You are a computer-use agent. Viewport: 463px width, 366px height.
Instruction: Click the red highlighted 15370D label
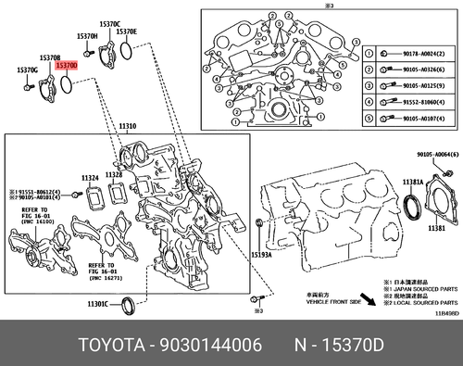[66, 67]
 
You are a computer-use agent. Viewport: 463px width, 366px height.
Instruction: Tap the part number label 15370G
[27, 70]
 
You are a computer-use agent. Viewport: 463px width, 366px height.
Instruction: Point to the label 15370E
[125, 32]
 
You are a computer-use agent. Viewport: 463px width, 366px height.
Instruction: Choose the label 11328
[114, 173]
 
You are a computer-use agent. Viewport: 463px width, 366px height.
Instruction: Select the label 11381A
[414, 183]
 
